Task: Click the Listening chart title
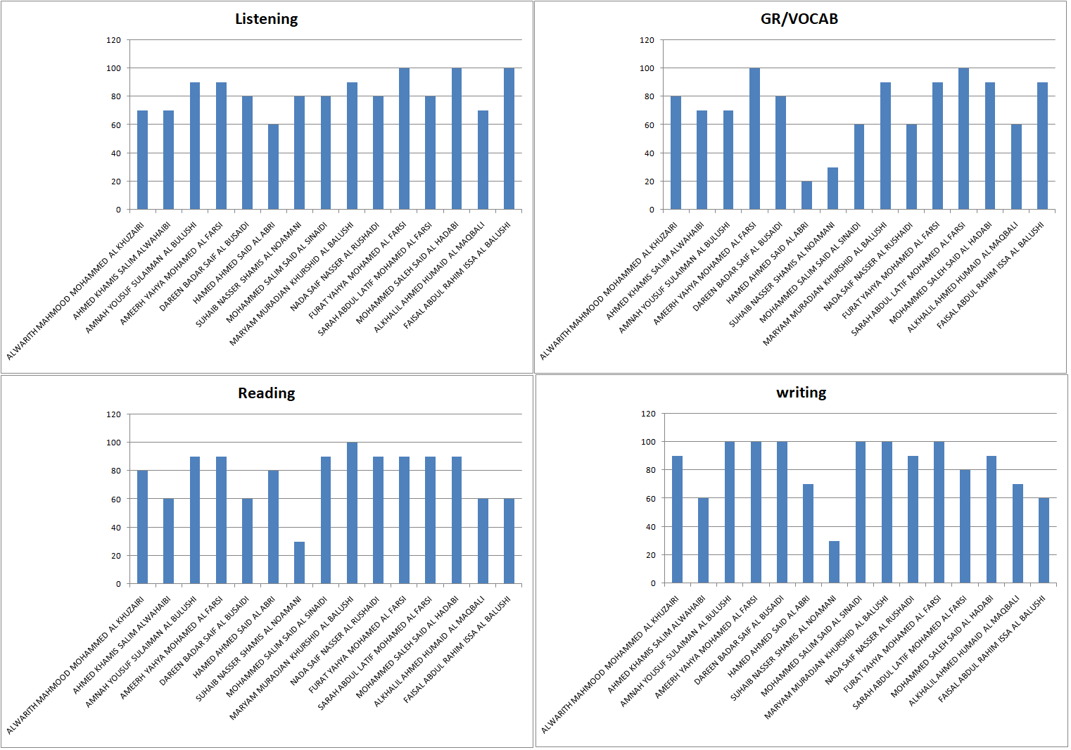pos(266,19)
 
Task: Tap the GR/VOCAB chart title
pos(799,19)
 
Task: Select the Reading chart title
pos(266,393)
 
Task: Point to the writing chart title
pos(801,393)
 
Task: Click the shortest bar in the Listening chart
pos(273,167)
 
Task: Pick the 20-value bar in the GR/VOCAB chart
pos(806,196)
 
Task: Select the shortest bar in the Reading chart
pos(299,563)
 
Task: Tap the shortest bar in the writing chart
pos(834,562)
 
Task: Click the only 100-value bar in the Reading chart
pos(352,514)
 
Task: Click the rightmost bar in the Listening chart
pos(509,139)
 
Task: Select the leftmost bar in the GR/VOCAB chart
pos(676,153)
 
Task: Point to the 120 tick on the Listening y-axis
pos(113,40)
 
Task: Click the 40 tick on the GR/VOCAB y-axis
pos(649,153)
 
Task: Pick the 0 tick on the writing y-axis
pos(652,583)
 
